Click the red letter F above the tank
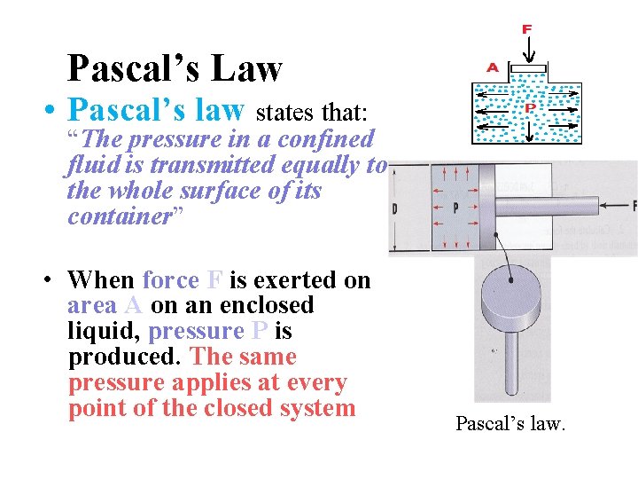coord(526,29)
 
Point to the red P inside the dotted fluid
coord(530,108)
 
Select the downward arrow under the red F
coord(526,50)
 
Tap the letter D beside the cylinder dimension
coord(394,209)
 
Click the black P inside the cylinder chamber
coord(455,209)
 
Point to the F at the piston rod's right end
coord(634,206)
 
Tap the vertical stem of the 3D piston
coord(512,364)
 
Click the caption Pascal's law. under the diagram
coord(510,424)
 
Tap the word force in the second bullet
coord(170,280)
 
